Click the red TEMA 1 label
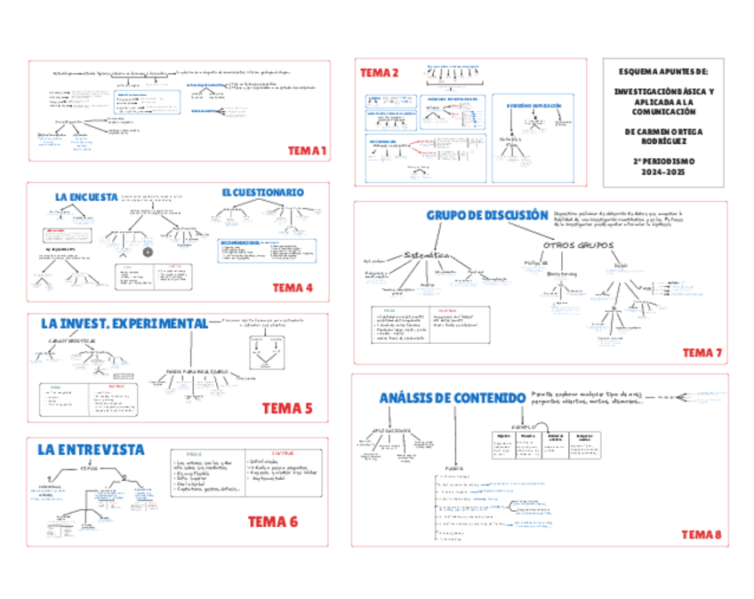pyautogui.click(x=308, y=151)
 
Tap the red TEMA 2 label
pyautogui.click(x=379, y=73)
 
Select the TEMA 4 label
pyautogui.click(x=293, y=287)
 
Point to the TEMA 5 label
pyautogui.click(x=287, y=409)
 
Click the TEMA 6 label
pyautogui.click(x=272, y=522)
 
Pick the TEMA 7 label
pyautogui.click(x=702, y=353)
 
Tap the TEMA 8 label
pyautogui.click(x=702, y=534)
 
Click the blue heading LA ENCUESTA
pyautogui.click(x=86, y=197)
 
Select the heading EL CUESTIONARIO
pyautogui.click(x=262, y=192)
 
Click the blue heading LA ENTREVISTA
pyautogui.click(x=92, y=451)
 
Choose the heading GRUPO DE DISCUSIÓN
pyautogui.click(x=486, y=215)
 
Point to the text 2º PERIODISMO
pyautogui.click(x=665, y=162)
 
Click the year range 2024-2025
pyautogui.click(x=665, y=172)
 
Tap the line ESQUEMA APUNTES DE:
pyautogui.click(x=665, y=69)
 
